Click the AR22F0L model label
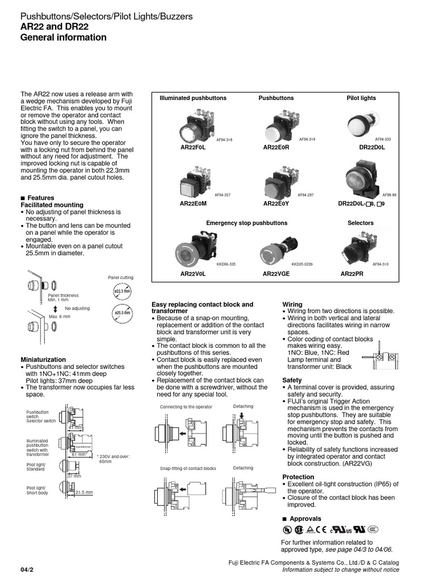tap(192, 147)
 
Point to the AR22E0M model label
tap(192, 203)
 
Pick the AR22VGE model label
tap(276, 273)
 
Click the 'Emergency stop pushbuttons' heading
tap(246, 223)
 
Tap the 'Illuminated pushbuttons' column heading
tap(193, 98)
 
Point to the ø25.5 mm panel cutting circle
tap(122, 313)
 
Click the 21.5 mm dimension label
tap(84, 492)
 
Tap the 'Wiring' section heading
tap(292, 305)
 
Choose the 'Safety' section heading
tap(292, 380)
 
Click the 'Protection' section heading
tap(298, 477)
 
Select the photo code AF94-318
tap(224, 139)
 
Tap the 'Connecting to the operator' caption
tap(186, 407)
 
